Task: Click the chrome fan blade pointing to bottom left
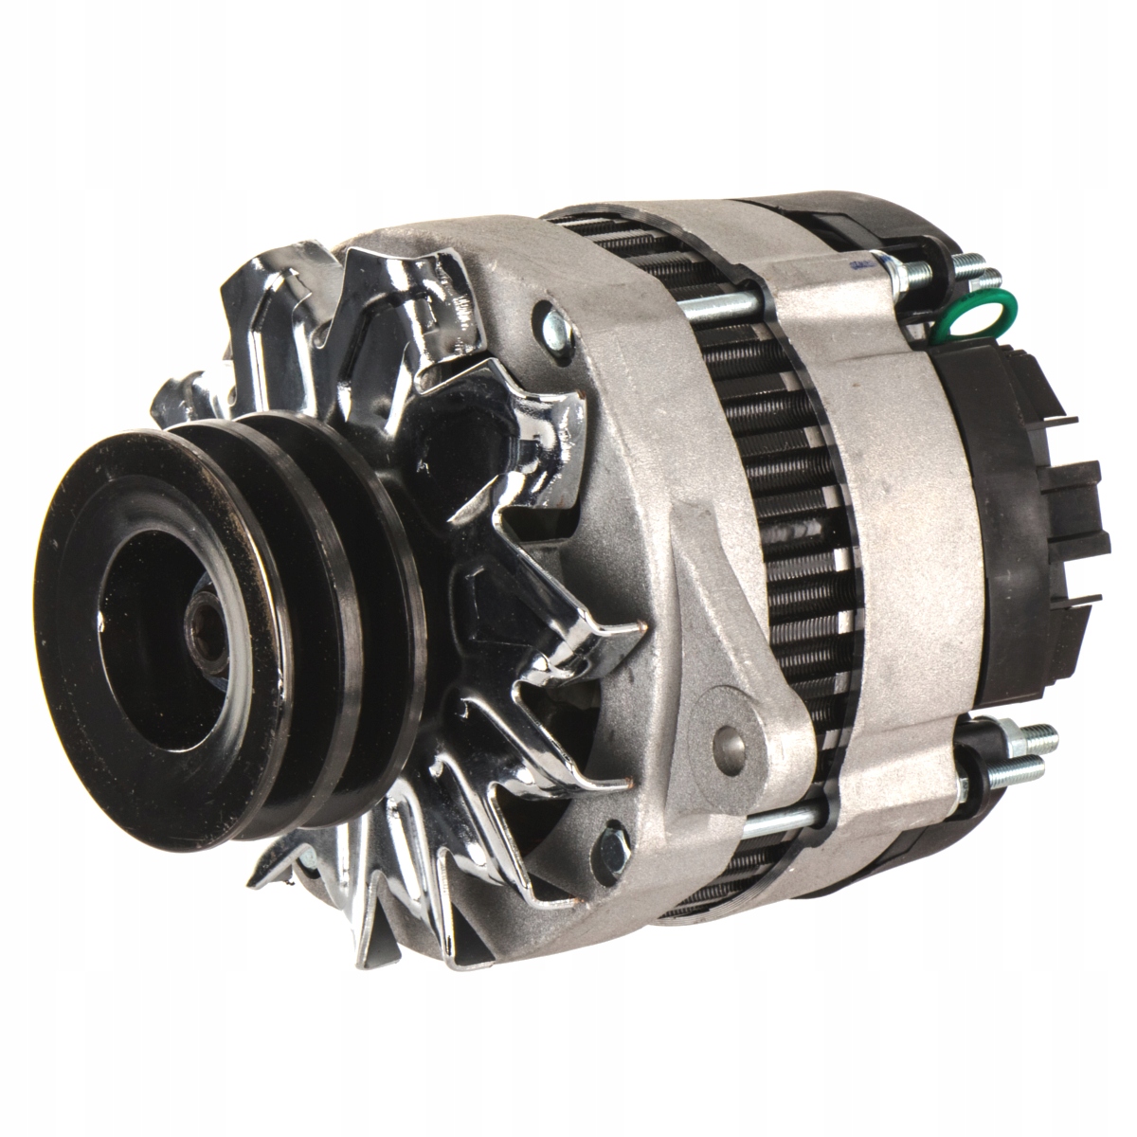284,881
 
